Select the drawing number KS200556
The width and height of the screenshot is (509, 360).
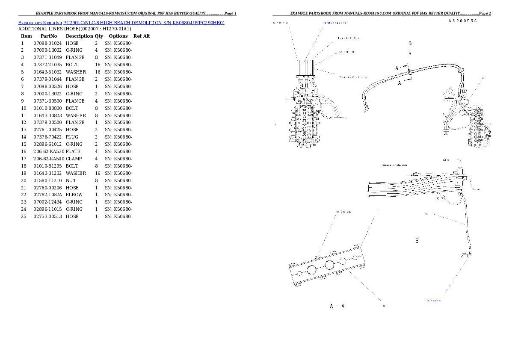pyautogui.click(x=463, y=21)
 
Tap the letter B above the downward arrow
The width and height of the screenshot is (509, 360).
pyautogui.click(x=410, y=43)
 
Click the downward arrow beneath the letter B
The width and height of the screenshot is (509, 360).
pyautogui.click(x=410, y=52)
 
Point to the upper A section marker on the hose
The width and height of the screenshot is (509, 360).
pyautogui.click(x=397, y=68)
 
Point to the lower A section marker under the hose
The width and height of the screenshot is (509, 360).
pyautogui.click(x=400, y=83)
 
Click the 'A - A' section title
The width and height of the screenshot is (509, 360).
pyautogui.click(x=337, y=307)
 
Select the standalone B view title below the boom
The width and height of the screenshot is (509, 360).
pyautogui.click(x=417, y=241)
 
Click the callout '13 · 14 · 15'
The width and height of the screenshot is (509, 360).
pyautogui.click(x=346, y=52)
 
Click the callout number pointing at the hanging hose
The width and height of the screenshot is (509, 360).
pyautogui.click(x=426, y=214)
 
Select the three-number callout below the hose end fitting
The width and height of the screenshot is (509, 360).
pyautogui.click(x=434, y=301)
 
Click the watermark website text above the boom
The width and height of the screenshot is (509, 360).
pyautogui.click(x=394, y=165)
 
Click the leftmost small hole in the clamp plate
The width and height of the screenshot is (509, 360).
pyautogui.click(x=299, y=271)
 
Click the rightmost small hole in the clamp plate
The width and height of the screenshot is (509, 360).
pyautogui.click(x=355, y=257)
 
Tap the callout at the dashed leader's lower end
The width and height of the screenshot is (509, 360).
pyautogui.click(x=384, y=306)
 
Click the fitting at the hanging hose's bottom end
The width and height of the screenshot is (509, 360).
pyautogui.click(x=465, y=255)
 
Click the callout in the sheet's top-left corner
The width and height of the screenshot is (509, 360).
pyautogui.click(x=281, y=23)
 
